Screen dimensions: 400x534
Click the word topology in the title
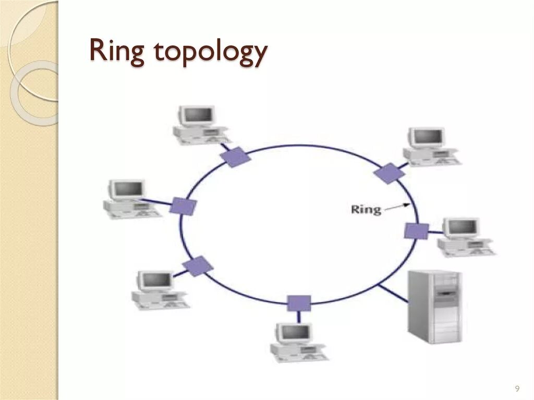(x=211, y=54)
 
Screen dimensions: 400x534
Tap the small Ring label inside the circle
(x=366, y=209)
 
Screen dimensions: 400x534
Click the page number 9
(x=517, y=388)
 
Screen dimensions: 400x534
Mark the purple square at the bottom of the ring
(x=299, y=303)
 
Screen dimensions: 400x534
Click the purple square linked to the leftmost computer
(x=183, y=206)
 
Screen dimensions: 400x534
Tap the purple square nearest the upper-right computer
(x=388, y=173)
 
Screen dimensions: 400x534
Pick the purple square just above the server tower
(x=416, y=231)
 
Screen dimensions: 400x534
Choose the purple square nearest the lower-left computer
(x=198, y=266)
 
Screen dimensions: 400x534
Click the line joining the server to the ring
(x=393, y=293)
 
